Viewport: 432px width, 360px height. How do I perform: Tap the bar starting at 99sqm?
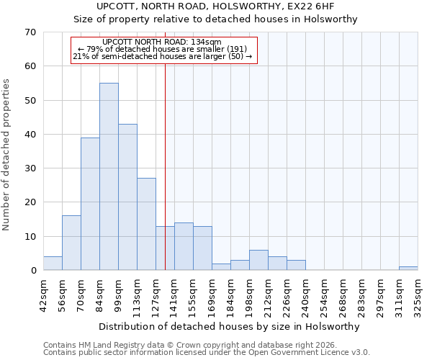point(127,197)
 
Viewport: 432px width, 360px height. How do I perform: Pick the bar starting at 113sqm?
point(146,224)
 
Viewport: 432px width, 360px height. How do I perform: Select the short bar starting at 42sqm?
point(53,264)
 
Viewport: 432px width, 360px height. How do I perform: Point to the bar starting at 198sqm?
point(258,260)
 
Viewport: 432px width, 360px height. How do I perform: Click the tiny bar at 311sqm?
point(408,269)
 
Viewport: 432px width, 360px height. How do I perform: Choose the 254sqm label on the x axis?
point(324,291)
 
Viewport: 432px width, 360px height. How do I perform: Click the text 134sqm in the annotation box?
point(208,42)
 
